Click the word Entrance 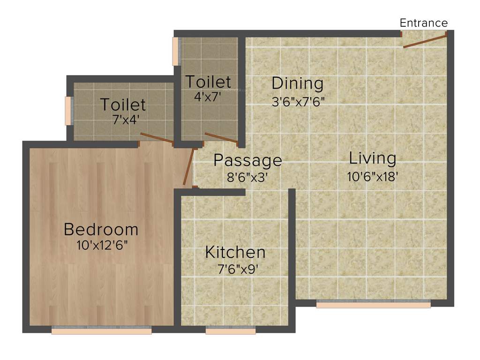click(423, 23)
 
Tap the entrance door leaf click(425, 40)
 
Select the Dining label click(298, 83)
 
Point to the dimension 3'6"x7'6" click(298, 101)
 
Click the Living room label click(373, 158)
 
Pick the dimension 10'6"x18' click(373, 177)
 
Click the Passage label click(247, 160)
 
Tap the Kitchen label click(235, 252)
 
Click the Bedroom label click(101, 230)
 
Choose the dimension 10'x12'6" click(102, 245)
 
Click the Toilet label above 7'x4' click(123, 104)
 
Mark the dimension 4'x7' click(208, 97)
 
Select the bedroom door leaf click(189, 166)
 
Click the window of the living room click(373, 305)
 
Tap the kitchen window click(231, 331)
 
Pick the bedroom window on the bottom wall click(101, 331)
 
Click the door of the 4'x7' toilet click(221, 138)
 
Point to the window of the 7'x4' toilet click(68, 111)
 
